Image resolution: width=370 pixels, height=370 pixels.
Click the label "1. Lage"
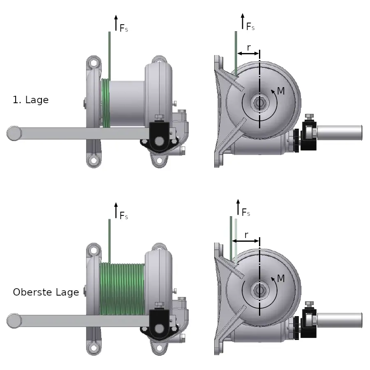31,100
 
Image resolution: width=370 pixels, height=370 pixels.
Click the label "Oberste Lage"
46,292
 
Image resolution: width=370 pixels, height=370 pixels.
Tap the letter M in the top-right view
281,91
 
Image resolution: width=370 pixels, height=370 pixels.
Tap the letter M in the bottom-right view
281,278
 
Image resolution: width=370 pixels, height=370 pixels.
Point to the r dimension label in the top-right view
249,48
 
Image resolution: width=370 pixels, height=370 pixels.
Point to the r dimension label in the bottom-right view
246,235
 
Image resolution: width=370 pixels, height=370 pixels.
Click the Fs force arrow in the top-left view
116,23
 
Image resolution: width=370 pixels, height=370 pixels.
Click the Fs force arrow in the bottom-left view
116,210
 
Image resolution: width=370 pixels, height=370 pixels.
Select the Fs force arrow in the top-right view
243,21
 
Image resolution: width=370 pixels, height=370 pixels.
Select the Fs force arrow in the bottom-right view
238,207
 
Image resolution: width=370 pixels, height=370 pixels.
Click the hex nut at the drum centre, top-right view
259,103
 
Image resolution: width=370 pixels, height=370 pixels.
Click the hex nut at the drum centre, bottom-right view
259,290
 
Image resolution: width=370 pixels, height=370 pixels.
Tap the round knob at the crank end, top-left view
14,133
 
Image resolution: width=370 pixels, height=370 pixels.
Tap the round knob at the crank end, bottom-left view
14,321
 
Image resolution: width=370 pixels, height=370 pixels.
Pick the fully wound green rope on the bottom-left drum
122,289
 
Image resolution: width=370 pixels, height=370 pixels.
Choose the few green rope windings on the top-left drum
106,103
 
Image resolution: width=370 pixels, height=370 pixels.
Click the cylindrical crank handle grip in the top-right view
340,133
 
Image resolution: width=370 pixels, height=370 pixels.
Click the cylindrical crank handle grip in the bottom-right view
340,320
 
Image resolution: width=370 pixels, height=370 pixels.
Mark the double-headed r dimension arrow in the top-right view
248,53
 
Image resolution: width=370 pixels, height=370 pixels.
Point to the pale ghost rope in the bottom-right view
236,240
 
